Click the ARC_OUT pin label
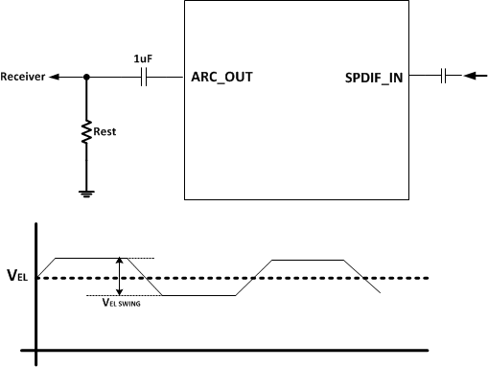pos(222,78)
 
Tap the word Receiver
pos(22,78)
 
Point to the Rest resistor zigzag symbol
pos(87,130)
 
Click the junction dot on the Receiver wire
pos(87,78)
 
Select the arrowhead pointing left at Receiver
pos(53,78)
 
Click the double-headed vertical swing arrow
pos(119,276)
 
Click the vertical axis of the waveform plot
pos(36,287)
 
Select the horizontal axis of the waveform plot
pos(259,350)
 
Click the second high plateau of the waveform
pos(309,260)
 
